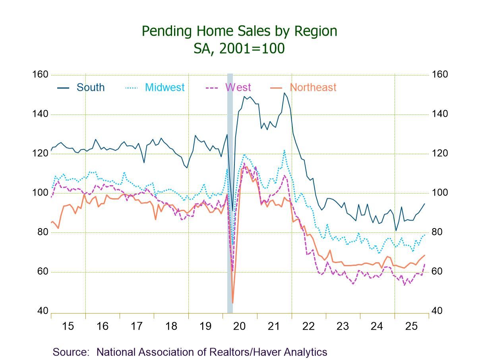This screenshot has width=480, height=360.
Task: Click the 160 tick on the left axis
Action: tap(43, 75)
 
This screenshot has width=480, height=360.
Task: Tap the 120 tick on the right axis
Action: tap(439, 153)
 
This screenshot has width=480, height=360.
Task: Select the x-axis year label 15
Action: tap(68, 326)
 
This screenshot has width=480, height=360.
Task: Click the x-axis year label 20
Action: tap(240, 326)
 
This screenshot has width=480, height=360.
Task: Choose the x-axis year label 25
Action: tap(411, 326)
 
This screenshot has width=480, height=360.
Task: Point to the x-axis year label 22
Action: tap(308, 326)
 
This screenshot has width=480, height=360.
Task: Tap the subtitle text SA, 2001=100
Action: tap(239, 48)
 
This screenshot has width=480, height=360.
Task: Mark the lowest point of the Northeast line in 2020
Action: tap(232, 303)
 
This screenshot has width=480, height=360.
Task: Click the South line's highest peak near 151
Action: tap(285, 93)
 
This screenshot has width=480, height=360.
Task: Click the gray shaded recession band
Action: tap(230, 191)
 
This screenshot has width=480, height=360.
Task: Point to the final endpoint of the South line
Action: tap(425, 203)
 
